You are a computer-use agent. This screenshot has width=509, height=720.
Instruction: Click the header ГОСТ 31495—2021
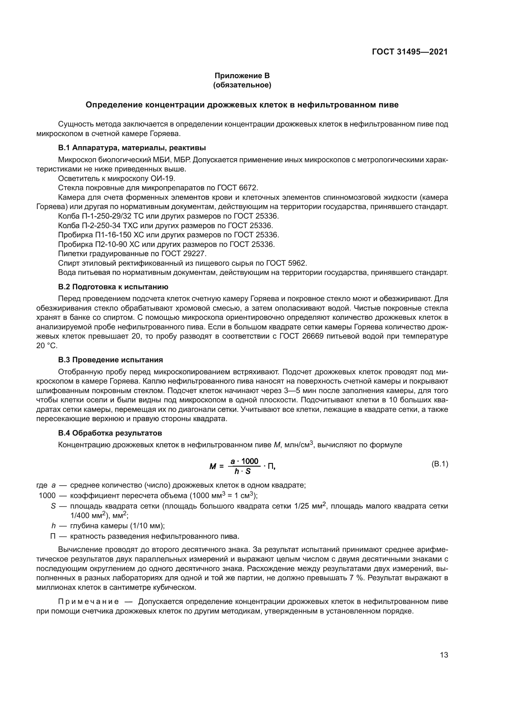pos(410,52)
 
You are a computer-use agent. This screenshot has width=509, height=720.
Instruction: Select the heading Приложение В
pos(242,76)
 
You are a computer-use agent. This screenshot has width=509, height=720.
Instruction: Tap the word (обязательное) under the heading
pos(242,85)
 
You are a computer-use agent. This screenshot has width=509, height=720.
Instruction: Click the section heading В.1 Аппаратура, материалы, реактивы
pos(132,148)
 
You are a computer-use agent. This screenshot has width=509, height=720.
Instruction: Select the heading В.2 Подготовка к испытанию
pos(113,287)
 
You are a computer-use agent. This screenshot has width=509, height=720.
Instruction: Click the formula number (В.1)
pos(440,464)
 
